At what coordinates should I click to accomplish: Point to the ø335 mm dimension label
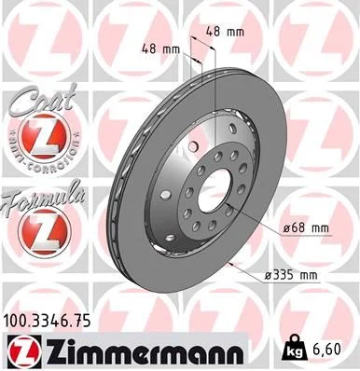pyautogui.click(x=291, y=275)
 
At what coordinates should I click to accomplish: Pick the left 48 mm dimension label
pyautogui.click(x=160, y=48)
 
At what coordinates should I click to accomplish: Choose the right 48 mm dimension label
pyautogui.click(x=224, y=33)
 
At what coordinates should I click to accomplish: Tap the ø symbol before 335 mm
pyautogui.click(x=267, y=275)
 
